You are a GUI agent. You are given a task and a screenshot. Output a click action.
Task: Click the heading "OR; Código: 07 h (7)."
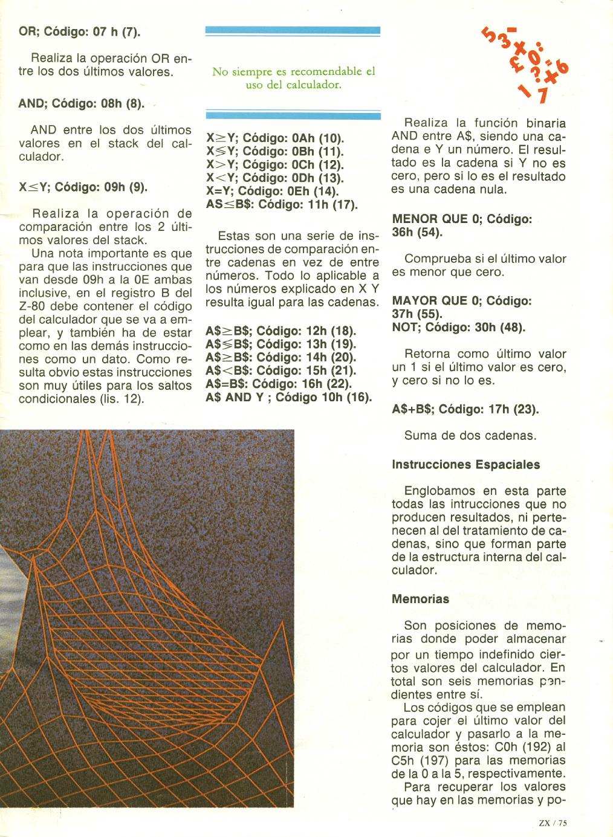80,31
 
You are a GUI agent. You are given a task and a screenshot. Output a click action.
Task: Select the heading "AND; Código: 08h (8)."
82,103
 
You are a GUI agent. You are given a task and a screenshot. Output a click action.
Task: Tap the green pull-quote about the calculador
293,78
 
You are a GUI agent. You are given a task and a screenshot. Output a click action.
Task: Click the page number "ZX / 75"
554,821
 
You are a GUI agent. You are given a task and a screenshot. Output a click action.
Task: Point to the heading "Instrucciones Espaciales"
465,465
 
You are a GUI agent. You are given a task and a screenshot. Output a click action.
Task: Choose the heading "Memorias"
420,599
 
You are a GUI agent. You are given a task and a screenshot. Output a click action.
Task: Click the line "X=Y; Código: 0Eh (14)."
272,191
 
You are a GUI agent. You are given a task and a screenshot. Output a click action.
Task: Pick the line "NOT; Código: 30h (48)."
458,328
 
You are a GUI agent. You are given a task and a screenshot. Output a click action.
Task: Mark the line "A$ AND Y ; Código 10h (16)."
288,397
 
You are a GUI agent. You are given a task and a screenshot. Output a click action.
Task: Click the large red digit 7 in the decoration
542,95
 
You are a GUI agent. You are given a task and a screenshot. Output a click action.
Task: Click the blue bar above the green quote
293,31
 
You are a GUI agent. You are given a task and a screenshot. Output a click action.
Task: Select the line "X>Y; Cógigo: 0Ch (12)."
274,164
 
